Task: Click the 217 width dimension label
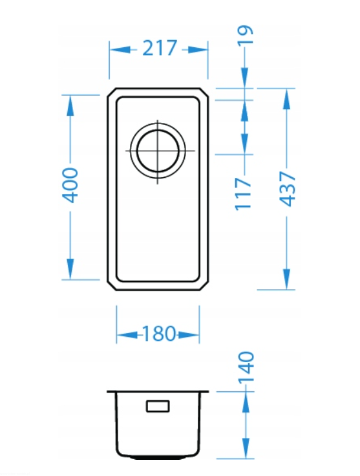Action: click(x=160, y=48)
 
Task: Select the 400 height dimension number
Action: click(x=70, y=185)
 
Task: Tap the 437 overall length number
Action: click(x=287, y=189)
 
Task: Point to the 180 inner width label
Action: click(x=158, y=334)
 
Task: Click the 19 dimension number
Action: click(x=245, y=35)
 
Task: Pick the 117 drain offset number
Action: click(x=243, y=193)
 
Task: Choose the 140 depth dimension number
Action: click(x=246, y=367)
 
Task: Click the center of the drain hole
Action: click(x=158, y=151)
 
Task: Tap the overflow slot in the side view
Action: click(x=158, y=406)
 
